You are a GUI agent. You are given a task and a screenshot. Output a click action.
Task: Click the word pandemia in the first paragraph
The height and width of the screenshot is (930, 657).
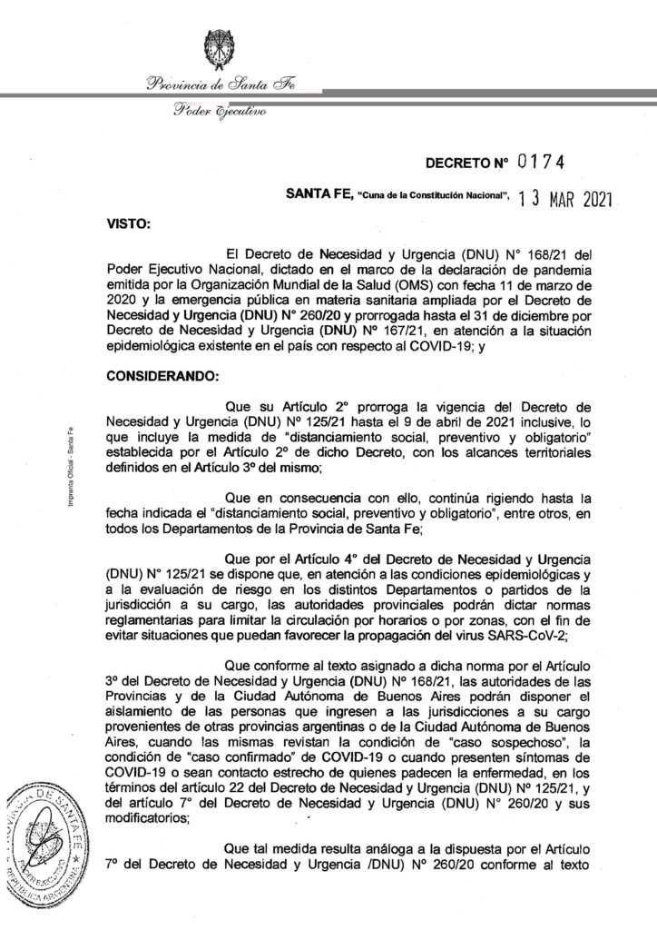click(x=591, y=268)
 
